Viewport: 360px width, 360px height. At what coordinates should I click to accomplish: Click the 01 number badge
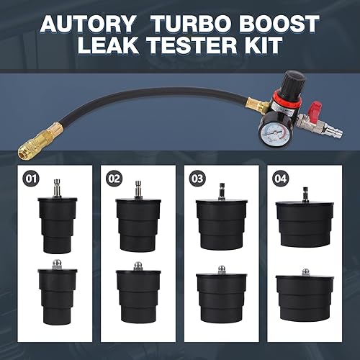[30, 176]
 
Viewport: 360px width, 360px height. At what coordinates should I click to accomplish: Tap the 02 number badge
[114, 176]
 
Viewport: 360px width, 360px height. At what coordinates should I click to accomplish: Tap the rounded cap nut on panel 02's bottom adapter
[138, 266]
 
